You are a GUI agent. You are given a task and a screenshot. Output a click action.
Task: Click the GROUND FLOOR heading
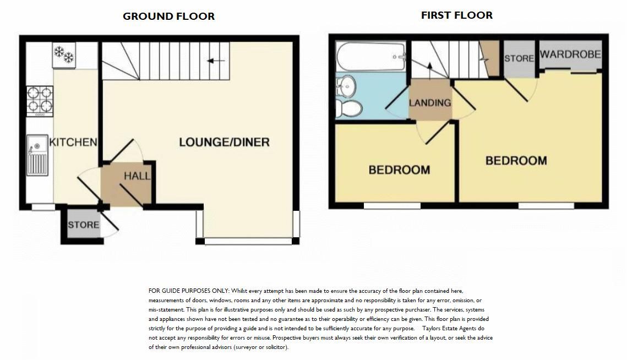(x=168, y=17)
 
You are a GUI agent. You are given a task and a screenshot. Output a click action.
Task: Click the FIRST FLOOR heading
(x=456, y=15)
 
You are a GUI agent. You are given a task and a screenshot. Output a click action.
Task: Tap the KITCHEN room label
(x=73, y=142)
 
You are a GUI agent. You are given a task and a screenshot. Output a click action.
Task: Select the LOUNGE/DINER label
(x=224, y=143)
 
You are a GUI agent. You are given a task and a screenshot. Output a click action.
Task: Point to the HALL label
(x=137, y=176)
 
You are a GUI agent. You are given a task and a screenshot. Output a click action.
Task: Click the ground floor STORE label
(x=84, y=225)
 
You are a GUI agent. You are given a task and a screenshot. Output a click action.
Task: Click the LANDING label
(x=430, y=102)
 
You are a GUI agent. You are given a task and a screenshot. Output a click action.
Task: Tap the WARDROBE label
(x=570, y=54)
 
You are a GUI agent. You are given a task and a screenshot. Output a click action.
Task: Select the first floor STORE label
(x=519, y=58)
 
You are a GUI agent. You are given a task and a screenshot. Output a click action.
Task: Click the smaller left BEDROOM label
(x=399, y=170)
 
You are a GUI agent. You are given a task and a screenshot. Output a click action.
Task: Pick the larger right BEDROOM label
(x=516, y=160)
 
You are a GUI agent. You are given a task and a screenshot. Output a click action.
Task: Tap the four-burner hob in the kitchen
(x=40, y=100)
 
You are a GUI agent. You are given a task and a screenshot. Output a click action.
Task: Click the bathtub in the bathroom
(x=371, y=56)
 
